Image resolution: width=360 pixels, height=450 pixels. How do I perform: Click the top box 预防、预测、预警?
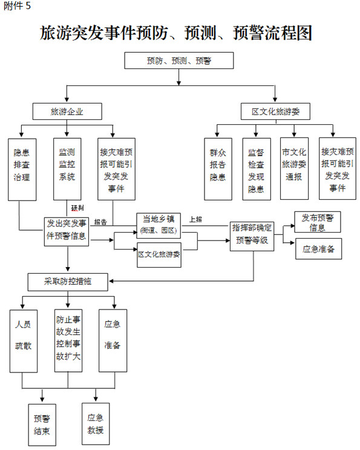pos(179,61)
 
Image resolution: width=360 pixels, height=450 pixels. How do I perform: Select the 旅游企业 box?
pos(67,111)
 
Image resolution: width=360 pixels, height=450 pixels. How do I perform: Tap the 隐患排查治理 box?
pos(22,170)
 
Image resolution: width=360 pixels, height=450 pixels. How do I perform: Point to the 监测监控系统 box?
pos(67,169)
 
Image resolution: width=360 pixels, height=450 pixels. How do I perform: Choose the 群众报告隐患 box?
pos(218,169)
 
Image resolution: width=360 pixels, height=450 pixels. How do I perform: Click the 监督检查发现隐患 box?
pos(257,169)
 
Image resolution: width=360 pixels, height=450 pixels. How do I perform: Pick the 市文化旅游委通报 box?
pos(295,168)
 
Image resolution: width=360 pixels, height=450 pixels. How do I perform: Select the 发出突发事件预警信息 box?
pos(67,232)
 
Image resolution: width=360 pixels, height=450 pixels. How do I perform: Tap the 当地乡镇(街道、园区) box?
pos(159,225)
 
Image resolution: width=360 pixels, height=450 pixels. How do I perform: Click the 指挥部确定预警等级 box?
pos(252,236)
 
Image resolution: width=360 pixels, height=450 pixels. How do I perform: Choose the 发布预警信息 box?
pos(318,222)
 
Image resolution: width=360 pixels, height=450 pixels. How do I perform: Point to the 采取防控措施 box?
pos(68,282)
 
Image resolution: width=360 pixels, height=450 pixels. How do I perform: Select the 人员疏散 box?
pos(24,341)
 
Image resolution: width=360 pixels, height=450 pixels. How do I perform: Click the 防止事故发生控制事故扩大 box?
pos(68,340)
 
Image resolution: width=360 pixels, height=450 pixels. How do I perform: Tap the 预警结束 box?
pos(42,425)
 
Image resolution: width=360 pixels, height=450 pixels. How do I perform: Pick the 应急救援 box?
pos(96,424)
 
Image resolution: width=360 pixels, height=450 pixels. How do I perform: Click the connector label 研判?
pos(77,208)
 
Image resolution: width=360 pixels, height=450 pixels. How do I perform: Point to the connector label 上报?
pos(195,219)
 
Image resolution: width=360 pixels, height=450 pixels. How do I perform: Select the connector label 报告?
pos(100,222)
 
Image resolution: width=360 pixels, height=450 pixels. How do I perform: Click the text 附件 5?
pos(17,5)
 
